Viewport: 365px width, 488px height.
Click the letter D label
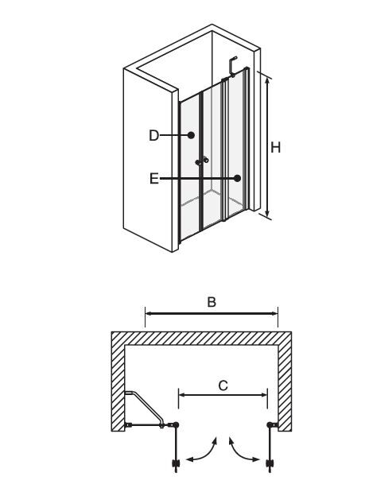click(x=153, y=136)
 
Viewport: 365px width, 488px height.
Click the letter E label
click(x=154, y=179)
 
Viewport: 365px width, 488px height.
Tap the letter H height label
click(x=276, y=147)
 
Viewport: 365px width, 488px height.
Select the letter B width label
click(x=212, y=302)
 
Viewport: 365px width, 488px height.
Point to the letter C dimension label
click(x=223, y=385)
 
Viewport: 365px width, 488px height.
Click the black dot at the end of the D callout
click(x=191, y=135)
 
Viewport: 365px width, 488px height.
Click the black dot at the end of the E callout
click(x=238, y=178)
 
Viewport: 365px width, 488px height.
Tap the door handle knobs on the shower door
click(x=202, y=161)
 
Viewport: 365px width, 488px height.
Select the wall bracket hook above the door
click(x=232, y=66)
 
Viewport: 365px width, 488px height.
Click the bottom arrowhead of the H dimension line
click(x=267, y=213)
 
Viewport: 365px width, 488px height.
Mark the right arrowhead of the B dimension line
click(x=274, y=314)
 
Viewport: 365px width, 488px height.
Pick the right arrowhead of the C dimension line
click(x=263, y=395)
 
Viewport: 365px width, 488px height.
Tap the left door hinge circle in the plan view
click(x=176, y=424)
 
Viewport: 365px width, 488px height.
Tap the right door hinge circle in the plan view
click(x=270, y=424)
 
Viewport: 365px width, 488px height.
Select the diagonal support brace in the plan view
click(x=146, y=407)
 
